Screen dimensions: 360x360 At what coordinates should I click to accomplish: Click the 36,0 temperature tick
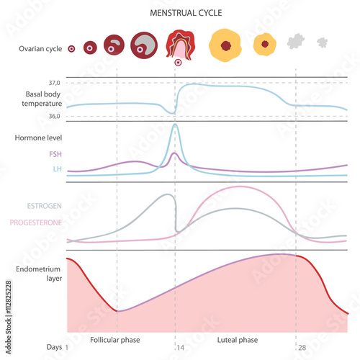(54, 116)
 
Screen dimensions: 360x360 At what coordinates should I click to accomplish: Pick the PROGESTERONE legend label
(35, 223)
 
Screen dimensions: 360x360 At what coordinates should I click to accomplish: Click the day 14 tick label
(180, 348)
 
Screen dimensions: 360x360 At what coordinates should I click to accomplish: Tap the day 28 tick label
(302, 348)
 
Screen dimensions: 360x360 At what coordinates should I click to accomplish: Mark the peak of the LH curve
(175, 125)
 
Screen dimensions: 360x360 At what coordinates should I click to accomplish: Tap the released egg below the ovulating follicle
(178, 63)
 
